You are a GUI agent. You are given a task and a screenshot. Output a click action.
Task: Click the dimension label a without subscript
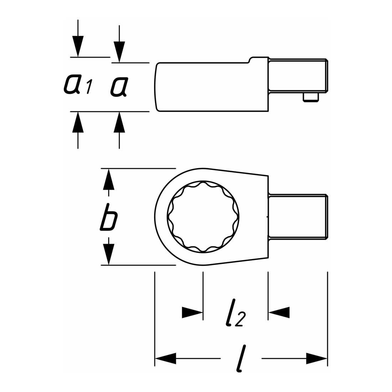pos(119,87)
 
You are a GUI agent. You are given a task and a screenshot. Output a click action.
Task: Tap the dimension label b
pos(108,217)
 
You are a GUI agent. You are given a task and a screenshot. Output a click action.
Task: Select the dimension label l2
pos(235,313)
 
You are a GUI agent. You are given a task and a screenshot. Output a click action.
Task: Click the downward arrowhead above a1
pos(78,46)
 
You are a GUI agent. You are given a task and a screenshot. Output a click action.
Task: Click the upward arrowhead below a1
pos(78,122)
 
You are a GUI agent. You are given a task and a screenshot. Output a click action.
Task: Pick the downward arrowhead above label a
pos(119,52)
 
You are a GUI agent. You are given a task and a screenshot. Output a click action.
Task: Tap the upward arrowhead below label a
pos(119,122)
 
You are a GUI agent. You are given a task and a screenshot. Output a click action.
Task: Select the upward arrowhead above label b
pos(108,179)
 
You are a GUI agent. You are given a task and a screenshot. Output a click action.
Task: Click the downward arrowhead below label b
pos(108,254)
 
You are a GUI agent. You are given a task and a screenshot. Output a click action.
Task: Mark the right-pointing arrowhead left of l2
pos(192,313)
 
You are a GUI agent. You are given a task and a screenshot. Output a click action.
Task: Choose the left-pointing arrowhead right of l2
pos(279,313)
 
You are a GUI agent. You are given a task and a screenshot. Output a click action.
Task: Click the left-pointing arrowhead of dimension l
pos(165,359)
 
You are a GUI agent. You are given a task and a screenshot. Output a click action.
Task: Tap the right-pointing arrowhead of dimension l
pos(317,359)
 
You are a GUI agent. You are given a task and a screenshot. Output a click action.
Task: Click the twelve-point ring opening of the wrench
pos(203,217)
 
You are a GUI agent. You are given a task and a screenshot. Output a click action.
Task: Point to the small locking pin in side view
pos(311,98)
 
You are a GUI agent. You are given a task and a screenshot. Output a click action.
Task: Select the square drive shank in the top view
pos(298,217)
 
